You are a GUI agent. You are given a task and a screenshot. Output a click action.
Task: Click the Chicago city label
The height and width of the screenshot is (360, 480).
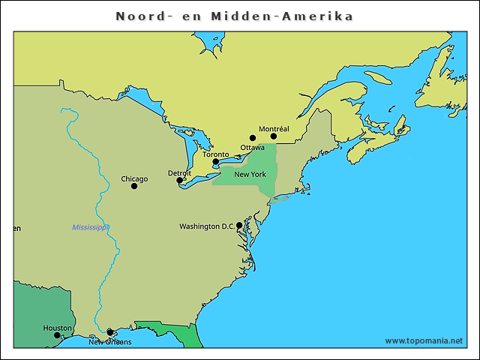(x=134, y=179)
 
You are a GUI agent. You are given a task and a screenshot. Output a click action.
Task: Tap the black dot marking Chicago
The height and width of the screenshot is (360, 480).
(x=134, y=186)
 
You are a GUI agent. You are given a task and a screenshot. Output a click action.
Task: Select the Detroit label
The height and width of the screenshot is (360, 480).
(x=179, y=173)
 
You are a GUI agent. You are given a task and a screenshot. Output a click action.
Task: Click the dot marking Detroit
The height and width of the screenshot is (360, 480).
(x=179, y=181)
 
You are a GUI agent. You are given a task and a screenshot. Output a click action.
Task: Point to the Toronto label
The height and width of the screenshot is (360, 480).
(x=216, y=154)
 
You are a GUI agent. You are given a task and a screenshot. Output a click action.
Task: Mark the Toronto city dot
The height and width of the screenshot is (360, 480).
(x=215, y=162)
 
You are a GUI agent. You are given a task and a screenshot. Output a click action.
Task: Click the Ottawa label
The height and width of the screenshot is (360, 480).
(x=252, y=147)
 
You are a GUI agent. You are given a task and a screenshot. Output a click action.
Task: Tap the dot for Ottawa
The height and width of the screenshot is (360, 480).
(x=252, y=138)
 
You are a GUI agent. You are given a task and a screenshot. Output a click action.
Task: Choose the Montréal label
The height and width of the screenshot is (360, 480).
(x=274, y=129)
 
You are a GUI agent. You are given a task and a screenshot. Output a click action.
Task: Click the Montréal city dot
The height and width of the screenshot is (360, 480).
(x=274, y=136)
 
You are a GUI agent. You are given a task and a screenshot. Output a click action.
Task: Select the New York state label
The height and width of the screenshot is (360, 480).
(x=250, y=175)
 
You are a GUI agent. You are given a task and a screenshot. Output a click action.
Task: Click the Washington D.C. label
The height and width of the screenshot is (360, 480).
(x=206, y=226)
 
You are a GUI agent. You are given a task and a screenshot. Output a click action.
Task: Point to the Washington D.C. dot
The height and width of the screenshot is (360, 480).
(x=239, y=225)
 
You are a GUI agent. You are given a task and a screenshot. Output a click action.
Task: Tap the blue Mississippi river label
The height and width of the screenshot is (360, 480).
(x=91, y=227)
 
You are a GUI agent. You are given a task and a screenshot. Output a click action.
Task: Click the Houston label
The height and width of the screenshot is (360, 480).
(x=57, y=328)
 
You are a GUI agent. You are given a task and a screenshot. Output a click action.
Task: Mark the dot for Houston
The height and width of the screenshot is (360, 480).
(x=57, y=335)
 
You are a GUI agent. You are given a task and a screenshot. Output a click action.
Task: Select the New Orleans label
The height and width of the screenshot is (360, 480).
(x=109, y=342)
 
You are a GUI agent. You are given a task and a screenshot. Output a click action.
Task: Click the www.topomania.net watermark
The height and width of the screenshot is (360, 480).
(x=424, y=341)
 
